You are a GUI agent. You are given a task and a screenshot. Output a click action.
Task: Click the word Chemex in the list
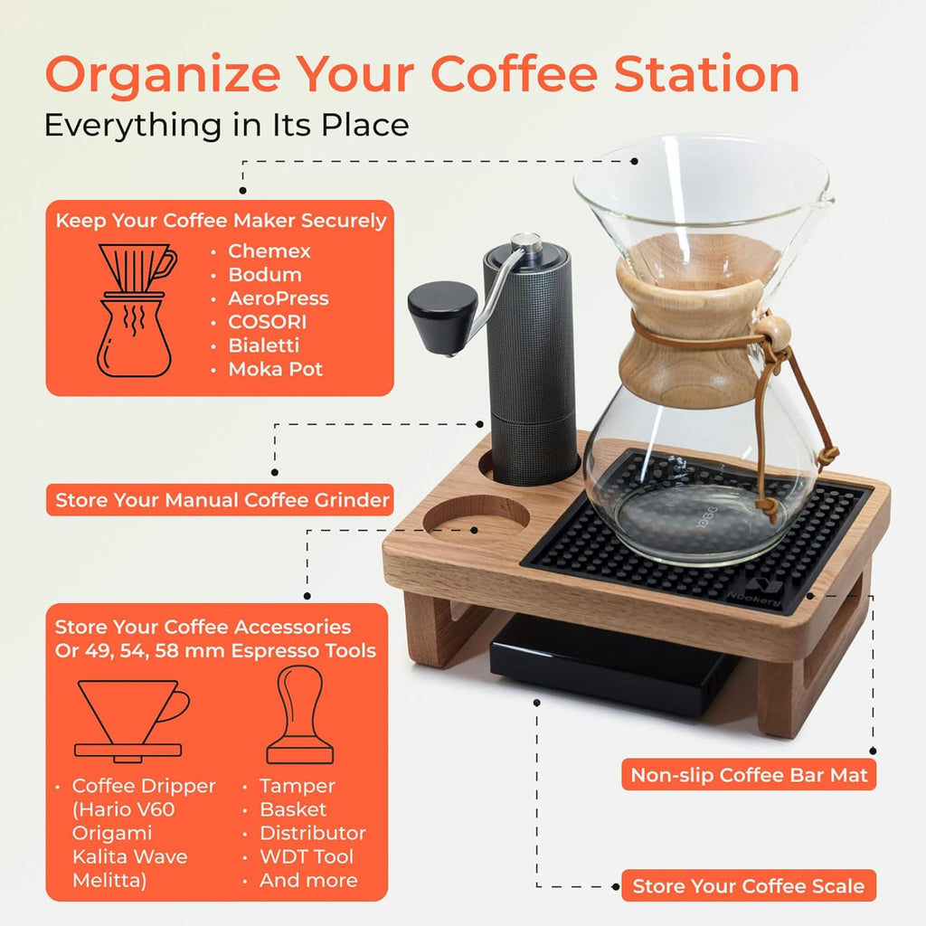pyautogui.click(x=269, y=251)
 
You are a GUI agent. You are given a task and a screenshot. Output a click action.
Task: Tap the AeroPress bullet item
pyautogui.click(x=278, y=298)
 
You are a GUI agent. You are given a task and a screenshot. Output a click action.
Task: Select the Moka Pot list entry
pyautogui.click(x=275, y=369)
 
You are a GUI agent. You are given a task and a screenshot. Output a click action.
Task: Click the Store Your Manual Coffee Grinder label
pyautogui.click(x=222, y=500)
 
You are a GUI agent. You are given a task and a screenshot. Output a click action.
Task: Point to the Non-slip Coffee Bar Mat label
pyautogui.click(x=749, y=775)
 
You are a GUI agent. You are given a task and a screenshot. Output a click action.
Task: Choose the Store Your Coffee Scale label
pyautogui.click(x=748, y=886)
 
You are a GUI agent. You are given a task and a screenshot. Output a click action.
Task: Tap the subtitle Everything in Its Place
pyautogui.click(x=226, y=125)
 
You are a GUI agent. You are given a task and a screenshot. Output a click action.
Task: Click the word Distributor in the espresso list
pyautogui.click(x=312, y=833)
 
